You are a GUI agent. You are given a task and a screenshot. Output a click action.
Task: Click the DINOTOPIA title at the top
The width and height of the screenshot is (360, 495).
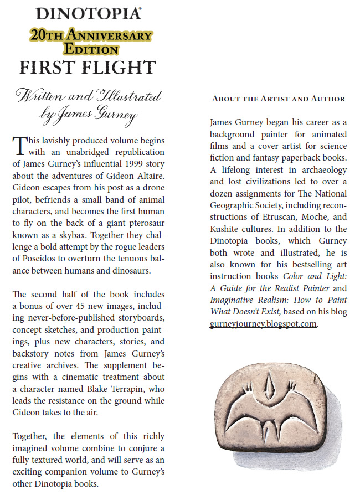click(87, 14)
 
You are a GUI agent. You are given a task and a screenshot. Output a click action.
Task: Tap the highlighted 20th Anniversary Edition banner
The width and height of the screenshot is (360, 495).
click(91, 42)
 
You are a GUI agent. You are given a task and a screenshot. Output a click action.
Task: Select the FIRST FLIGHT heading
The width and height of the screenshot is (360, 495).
click(88, 68)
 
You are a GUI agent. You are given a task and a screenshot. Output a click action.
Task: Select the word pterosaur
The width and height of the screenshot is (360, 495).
click(146, 212)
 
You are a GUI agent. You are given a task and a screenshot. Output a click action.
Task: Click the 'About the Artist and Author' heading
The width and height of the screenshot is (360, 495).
click(279, 99)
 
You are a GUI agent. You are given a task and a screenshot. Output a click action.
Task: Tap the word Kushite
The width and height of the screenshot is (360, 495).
click(228, 229)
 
